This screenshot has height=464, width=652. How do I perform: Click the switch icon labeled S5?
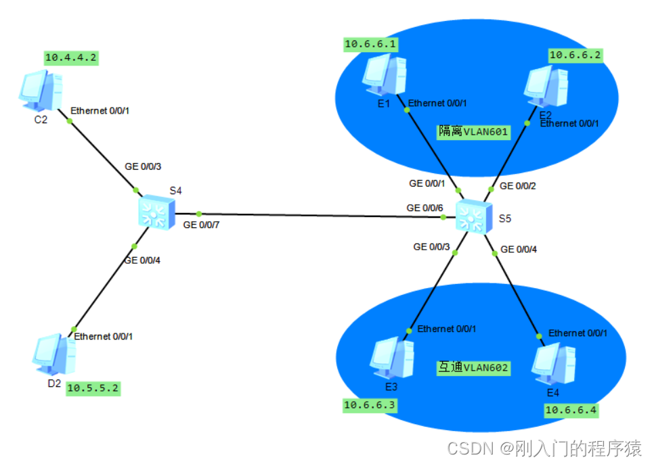[x=473, y=217]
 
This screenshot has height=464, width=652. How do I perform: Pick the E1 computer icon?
[x=384, y=75]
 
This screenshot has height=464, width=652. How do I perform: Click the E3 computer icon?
[x=392, y=357]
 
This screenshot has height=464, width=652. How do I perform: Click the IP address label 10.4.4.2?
[x=71, y=57]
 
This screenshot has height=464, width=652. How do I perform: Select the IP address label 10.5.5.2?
[x=93, y=390]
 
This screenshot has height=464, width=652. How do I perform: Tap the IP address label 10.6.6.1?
[x=371, y=45]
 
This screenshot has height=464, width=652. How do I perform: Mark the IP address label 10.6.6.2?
[x=574, y=55]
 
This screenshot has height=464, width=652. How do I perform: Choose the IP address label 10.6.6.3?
[x=370, y=405]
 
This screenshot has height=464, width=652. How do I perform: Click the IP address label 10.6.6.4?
[x=571, y=409]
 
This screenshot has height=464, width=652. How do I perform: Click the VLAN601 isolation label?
[x=473, y=131]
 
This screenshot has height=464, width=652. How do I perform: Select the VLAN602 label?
[x=472, y=368]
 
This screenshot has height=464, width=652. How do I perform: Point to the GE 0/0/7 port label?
[x=200, y=225]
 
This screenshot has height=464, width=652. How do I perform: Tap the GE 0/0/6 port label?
[x=424, y=208]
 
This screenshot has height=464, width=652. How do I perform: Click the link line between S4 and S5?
[x=318, y=215]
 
